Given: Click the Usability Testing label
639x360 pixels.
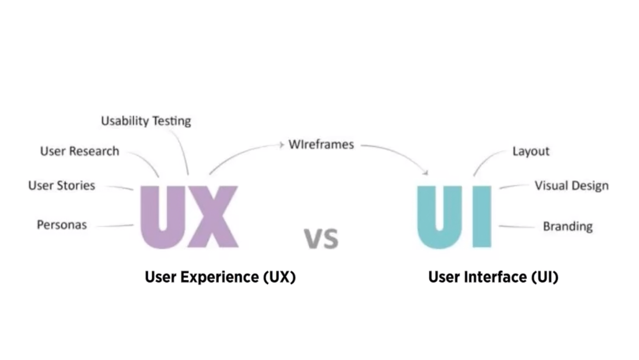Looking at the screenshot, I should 146,121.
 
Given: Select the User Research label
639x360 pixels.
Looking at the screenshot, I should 80,151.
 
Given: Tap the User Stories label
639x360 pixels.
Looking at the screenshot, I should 62,185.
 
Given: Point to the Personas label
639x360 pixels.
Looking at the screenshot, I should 62,225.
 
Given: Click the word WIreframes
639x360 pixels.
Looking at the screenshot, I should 321,145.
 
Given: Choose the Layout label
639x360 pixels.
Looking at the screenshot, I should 531,151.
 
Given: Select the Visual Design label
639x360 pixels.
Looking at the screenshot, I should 571,186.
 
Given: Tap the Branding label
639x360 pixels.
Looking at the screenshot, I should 567,226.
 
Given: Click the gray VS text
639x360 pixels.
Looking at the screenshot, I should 322,238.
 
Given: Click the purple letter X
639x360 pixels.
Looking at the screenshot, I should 213,217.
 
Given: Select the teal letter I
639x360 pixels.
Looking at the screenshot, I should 482,217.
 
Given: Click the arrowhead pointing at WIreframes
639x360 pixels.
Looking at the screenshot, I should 282,145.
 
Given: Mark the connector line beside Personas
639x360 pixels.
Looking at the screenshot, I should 114,226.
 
